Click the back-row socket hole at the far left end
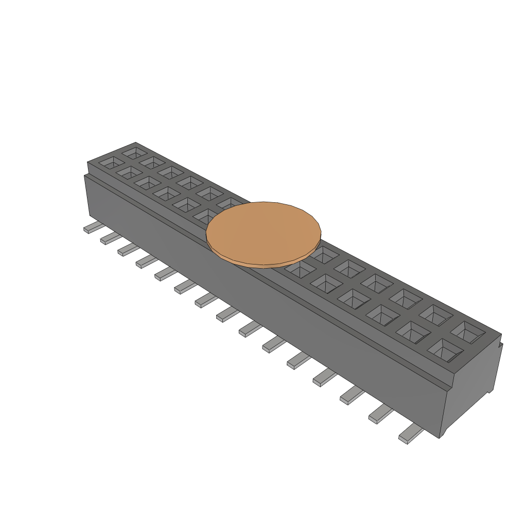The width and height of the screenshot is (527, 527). coord(135,153)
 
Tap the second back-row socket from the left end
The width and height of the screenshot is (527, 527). coord(152,162)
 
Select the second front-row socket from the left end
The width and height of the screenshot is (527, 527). coord(129,172)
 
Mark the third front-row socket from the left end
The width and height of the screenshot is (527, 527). coord(147,182)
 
